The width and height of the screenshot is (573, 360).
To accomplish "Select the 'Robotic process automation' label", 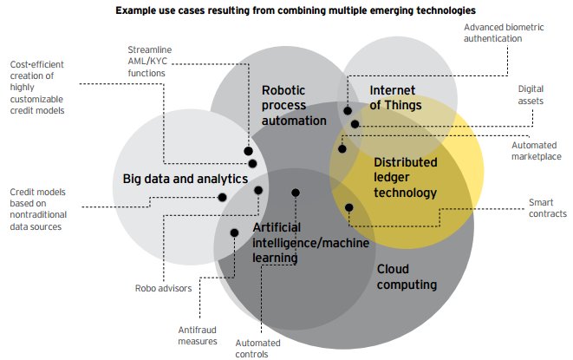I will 294,104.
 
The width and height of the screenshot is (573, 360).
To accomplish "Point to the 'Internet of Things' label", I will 395,98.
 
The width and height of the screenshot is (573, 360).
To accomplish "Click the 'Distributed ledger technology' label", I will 405,177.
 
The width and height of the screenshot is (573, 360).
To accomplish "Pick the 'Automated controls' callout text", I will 257,347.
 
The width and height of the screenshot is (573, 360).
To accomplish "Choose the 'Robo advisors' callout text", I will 162,288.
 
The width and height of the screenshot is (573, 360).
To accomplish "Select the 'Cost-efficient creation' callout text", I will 42,87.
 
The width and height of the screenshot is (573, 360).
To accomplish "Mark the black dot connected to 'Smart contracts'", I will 349,207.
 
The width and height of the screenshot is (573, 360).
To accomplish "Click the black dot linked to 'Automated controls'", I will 296,193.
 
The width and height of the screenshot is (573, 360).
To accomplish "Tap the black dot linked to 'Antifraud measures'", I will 234,232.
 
